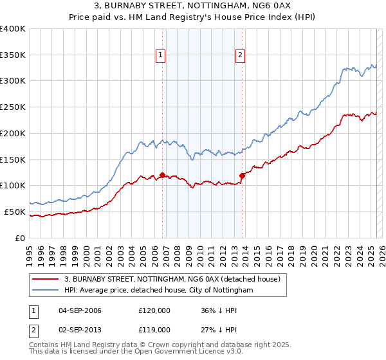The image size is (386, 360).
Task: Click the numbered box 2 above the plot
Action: [240, 56]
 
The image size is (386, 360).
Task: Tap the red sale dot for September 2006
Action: [162, 175]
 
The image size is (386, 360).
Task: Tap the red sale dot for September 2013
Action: [242, 175]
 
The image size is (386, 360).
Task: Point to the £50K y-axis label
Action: [15, 212]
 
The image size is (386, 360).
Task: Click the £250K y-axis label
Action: [13, 107]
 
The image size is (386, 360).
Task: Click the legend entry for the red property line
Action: [172, 280]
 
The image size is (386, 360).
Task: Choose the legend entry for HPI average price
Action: [159, 291]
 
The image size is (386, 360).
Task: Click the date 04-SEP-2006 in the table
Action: [80, 310]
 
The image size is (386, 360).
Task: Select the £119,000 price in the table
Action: [154, 329]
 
